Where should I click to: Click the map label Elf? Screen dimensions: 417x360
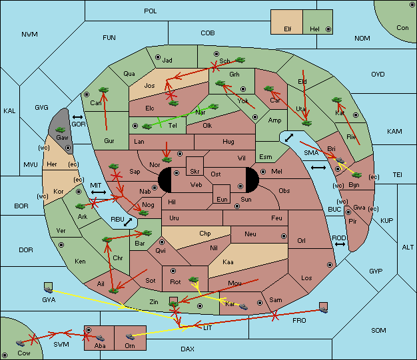[x=288, y=29]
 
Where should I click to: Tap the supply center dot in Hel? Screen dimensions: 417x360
[x=328, y=29]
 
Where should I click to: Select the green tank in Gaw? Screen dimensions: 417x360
[x=61, y=130]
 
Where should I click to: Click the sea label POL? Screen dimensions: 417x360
[x=151, y=11]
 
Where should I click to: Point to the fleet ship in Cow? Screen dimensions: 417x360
[x=20, y=343]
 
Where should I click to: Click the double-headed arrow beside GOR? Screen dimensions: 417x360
[x=77, y=117]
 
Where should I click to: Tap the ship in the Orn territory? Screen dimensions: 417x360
[x=130, y=337]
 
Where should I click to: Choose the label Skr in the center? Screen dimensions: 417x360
[x=195, y=172]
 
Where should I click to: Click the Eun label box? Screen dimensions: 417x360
[x=222, y=194]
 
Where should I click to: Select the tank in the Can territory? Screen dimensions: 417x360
[x=103, y=90]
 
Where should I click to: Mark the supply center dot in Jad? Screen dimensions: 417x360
[x=158, y=57]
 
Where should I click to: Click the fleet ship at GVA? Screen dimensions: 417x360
[x=49, y=289]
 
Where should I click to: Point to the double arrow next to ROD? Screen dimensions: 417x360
[x=340, y=244]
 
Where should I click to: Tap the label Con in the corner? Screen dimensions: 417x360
[x=402, y=28]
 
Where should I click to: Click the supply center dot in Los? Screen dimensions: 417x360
[x=330, y=265]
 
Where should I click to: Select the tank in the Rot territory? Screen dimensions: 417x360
[x=194, y=279]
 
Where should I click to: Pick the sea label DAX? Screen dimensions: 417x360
[x=187, y=349]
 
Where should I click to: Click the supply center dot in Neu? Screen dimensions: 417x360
[x=284, y=236]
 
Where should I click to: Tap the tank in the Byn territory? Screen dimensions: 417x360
[x=356, y=175]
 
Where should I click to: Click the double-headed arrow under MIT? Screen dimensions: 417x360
[x=99, y=192]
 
